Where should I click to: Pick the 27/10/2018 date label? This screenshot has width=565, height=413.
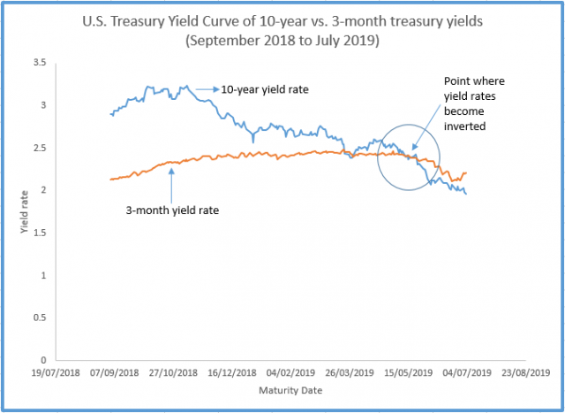coord(172,373)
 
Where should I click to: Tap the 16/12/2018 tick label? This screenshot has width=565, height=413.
coord(230,373)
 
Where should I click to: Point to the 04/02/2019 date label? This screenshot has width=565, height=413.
coord(289,373)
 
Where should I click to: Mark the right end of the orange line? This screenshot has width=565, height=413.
coord(466,172)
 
